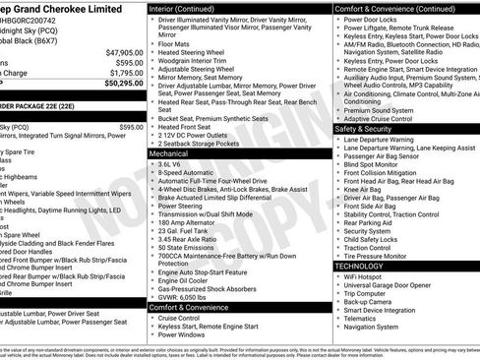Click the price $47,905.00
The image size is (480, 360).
pyautogui.click(x=121, y=51)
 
